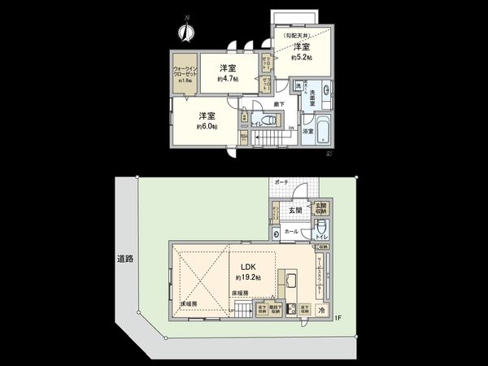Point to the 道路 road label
pos(124,259)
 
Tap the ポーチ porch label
pos(281,181)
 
